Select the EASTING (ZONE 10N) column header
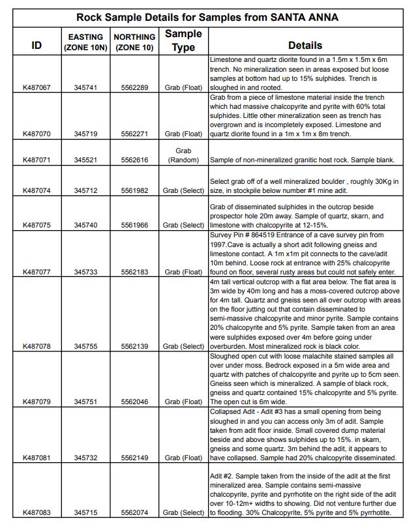[x=86, y=42]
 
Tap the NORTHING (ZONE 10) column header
[x=134, y=42]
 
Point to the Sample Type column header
[x=183, y=40]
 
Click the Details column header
[x=305, y=46]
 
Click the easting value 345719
[x=86, y=134]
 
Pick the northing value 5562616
[x=134, y=160]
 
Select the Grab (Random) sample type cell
[x=183, y=155]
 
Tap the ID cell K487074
[x=37, y=190]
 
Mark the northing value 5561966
[x=134, y=225]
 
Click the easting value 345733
[x=86, y=272]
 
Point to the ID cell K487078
[x=37, y=346]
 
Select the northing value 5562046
[x=134, y=402]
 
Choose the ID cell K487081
[x=37, y=458]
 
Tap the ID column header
[x=37, y=46]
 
